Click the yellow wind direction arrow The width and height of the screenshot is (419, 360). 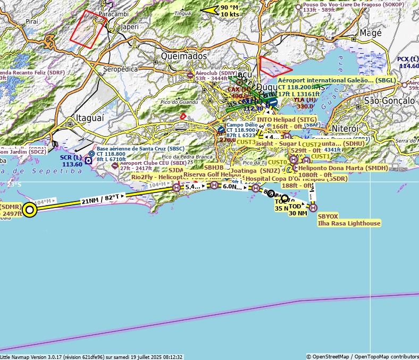coord(209,10)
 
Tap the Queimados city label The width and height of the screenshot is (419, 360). coord(184,56)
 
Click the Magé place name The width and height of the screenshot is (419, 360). coord(371,33)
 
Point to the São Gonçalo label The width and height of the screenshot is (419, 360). coord(389,101)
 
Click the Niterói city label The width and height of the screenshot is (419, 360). coord(345,129)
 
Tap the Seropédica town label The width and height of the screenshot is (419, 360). coord(120,69)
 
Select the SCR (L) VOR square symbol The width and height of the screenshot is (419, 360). coord(88,161)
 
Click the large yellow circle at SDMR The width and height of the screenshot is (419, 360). coord(30,211)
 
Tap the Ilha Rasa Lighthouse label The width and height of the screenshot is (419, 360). coord(349,223)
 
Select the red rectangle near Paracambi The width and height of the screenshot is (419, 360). coord(88,29)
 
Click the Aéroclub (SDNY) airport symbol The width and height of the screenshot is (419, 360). coord(190,75)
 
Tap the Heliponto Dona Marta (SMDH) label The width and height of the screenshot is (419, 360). coord(343,168)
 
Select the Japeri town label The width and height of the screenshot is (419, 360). coord(130,26)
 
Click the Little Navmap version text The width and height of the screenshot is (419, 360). coord(91,357)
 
